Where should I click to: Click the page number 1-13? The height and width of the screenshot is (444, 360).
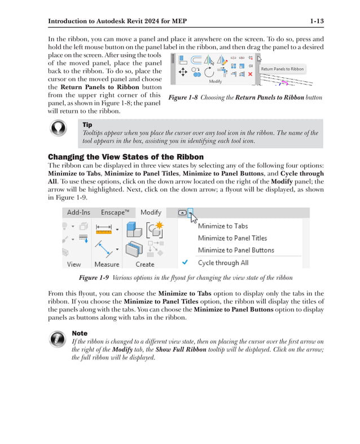click(317, 21)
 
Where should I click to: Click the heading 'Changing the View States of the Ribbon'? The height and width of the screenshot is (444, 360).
click(125, 157)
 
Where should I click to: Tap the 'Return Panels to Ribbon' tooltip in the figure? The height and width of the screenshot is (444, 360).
click(282, 69)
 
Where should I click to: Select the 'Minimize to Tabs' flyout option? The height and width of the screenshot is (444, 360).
click(223, 226)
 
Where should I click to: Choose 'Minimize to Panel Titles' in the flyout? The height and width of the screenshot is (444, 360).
click(232, 238)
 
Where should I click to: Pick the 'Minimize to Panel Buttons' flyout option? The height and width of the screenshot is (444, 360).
click(236, 250)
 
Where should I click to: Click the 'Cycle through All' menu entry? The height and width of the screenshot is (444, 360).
click(223, 262)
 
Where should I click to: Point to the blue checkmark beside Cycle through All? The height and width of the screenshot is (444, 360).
click(185, 262)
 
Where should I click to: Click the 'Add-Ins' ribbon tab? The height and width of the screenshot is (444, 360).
click(78, 212)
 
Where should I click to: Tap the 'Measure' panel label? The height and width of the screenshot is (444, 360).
click(107, 264)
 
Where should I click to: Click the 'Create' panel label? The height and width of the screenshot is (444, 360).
click(145, 264)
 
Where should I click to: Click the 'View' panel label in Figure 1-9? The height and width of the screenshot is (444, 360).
click(74, 264)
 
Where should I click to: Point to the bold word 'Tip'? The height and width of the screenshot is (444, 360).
click(87, 125)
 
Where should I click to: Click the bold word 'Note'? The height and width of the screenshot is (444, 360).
click(80, 333)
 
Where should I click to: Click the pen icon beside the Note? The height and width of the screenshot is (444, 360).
click(59, 339)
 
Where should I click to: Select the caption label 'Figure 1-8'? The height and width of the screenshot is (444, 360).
click(183, 98)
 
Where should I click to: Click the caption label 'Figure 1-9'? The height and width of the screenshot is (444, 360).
click(94, 278)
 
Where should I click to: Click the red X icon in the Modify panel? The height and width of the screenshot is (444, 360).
click(250, 74)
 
